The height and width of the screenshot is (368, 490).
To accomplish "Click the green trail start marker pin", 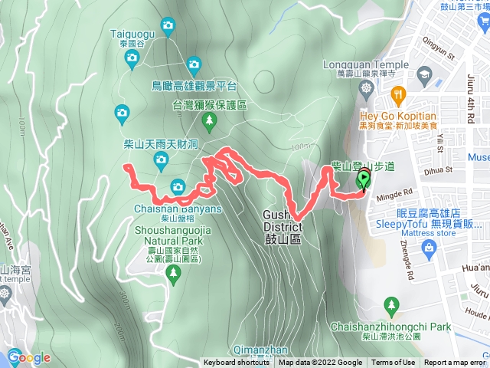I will pos(364,180).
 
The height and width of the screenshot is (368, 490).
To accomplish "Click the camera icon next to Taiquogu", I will pos(167,27).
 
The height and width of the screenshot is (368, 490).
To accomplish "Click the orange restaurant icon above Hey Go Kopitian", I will pos(397,94).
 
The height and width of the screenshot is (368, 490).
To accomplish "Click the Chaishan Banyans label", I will pos(178,208).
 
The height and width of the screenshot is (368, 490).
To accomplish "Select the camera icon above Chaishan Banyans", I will pos(178,186).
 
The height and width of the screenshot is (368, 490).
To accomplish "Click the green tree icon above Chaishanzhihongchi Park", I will pos(391,305).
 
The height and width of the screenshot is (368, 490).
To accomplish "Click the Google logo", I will pos(30,357).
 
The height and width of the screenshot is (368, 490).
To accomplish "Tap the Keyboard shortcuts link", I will pos(237,363).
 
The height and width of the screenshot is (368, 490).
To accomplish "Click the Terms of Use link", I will pos(394,363).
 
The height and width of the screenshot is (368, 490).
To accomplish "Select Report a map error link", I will pos(456,363).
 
